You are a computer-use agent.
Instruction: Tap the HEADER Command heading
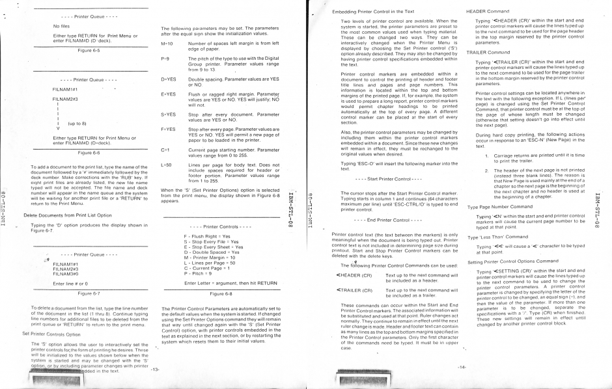[x=489, y=12]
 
